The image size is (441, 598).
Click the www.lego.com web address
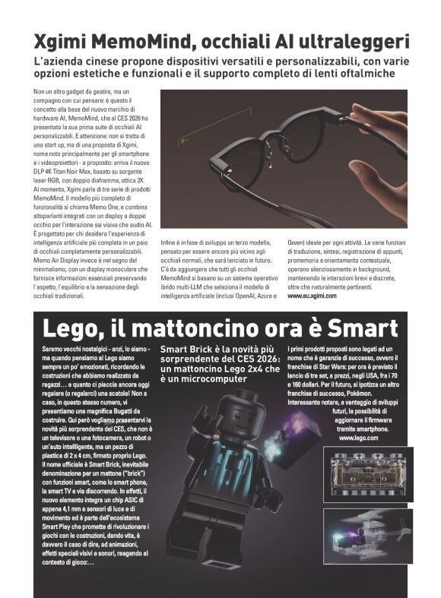tap(358, 438)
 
